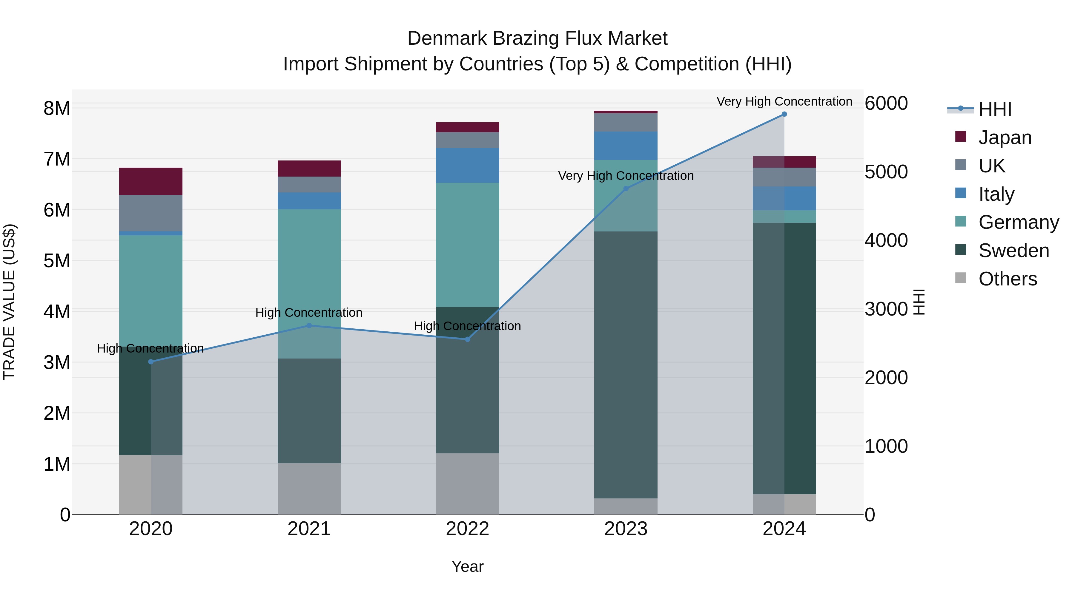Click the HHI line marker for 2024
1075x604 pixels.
[x=784, y=114]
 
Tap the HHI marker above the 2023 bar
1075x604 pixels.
[x=626, y=189]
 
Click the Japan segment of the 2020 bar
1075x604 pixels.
[x=151, y=181]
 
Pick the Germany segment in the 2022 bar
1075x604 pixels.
[x=467, y=245]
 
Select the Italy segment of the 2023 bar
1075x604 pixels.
[x=626, y=146]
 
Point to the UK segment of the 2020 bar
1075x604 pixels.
[x=151, y=213]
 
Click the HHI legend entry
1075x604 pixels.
[x=995, y=109]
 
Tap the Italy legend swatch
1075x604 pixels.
[x=961, y=193]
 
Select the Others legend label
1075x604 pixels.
[x=1008, y=279]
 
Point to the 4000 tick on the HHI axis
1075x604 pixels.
[x=886, y=240]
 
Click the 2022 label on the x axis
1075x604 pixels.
[x=467, y=529]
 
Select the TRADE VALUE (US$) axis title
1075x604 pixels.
[x=10, y=302]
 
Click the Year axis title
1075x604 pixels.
[x=467, y=566]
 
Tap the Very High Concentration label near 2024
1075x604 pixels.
[x=784, y=101]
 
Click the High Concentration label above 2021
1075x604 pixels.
[x=309, y=313]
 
